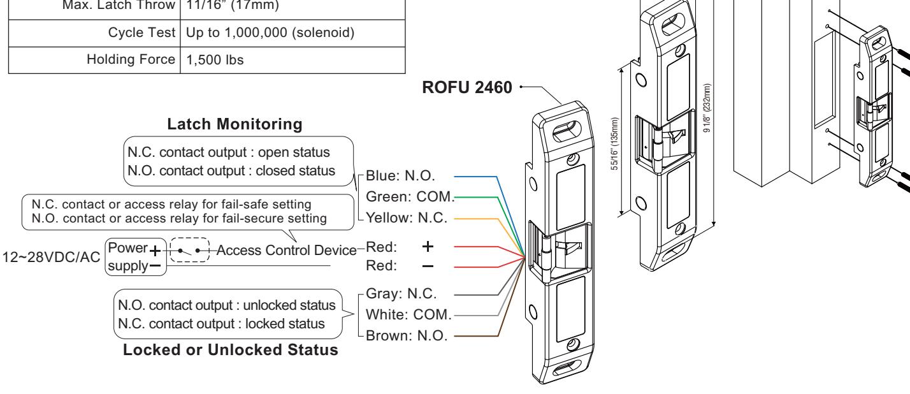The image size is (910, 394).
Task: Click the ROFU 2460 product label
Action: (x=467, y=87)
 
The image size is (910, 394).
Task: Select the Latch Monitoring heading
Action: (x=235, y=124)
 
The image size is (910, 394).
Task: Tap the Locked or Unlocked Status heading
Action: (x=231, y=350)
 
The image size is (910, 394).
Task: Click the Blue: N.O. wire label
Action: (x=400, y=176)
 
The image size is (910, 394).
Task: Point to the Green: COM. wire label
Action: (x=410, y=197)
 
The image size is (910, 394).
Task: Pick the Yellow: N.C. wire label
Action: (x=407, y=218)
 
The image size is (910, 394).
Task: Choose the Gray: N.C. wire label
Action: (x=401, y=293)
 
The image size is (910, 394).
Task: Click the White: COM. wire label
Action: (x=408, y=315)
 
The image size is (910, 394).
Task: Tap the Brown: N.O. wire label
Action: (x=407, y=336)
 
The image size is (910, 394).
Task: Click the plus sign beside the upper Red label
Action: (x=428, y=246)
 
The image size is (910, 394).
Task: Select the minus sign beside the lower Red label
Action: (x=428, y=266)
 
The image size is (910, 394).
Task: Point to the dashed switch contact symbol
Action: (x=190, y=250)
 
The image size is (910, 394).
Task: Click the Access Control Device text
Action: (x=286, y=251)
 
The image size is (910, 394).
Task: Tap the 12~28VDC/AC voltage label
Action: (x=51, y=258)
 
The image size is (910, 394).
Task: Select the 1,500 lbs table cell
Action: (x=215, y=60)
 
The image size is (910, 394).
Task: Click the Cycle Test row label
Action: (x=141, y=33)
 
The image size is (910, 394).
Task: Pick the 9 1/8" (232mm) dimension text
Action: (x=707, y=108)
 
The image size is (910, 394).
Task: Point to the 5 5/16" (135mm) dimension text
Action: (x=615, y=144)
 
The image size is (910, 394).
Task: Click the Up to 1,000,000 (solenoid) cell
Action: (x=270, y=33)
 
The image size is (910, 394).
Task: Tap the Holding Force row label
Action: (x=131, y=59)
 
